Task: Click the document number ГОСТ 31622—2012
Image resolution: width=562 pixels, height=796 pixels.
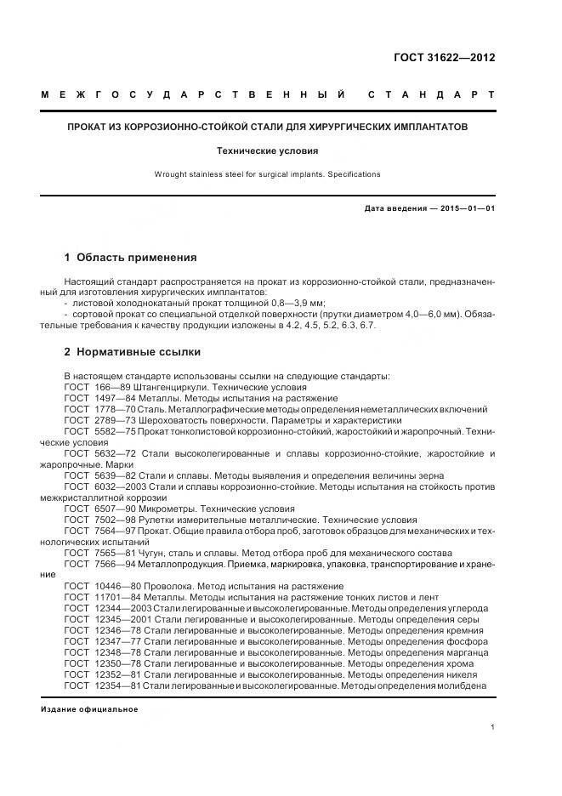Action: point(443,58)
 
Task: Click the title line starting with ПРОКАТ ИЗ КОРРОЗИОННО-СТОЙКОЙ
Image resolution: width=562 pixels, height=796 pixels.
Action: point(268,127)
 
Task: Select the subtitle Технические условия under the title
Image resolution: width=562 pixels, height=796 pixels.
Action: point(267,151)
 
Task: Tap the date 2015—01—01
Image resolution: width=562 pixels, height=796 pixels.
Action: point(463,208)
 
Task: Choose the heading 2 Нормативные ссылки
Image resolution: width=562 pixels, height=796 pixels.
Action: point(133,352)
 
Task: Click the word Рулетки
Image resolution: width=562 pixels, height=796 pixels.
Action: point(160,520)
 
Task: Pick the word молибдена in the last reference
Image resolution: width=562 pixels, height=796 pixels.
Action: point(463,685)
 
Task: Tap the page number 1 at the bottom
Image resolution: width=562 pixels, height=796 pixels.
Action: point(493,727)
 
